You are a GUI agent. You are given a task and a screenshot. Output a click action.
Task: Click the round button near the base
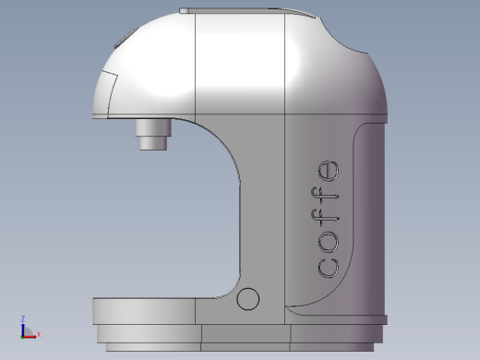247,299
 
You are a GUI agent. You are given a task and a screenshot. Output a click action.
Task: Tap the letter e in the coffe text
329,171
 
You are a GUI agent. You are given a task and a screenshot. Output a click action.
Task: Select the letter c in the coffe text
328,269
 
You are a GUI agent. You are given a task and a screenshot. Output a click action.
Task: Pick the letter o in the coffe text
329,242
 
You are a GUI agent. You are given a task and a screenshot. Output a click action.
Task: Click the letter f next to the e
325,196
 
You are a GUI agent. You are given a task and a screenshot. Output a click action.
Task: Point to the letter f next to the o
325,218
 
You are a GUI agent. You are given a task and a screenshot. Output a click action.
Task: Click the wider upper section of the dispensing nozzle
153,127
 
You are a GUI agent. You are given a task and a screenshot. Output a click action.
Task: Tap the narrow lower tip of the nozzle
153,143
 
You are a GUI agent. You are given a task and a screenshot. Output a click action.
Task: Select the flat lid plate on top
246,11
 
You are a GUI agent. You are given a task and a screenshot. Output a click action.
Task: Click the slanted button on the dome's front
126,37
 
